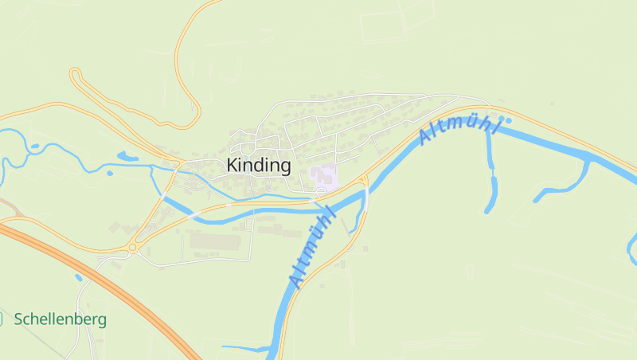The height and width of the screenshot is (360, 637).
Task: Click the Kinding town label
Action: point(259,166)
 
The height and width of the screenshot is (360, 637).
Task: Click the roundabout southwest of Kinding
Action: point(132,248)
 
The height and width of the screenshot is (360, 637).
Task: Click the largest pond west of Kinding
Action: point(127,156)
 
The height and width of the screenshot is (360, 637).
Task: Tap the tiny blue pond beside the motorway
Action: point(78,277)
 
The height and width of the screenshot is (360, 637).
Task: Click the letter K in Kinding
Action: point(233,166)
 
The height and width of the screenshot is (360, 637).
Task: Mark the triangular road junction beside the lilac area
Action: point(364,180)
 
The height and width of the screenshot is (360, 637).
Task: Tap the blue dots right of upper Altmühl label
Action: point(506,121)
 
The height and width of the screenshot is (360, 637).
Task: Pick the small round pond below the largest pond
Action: point(110,172)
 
